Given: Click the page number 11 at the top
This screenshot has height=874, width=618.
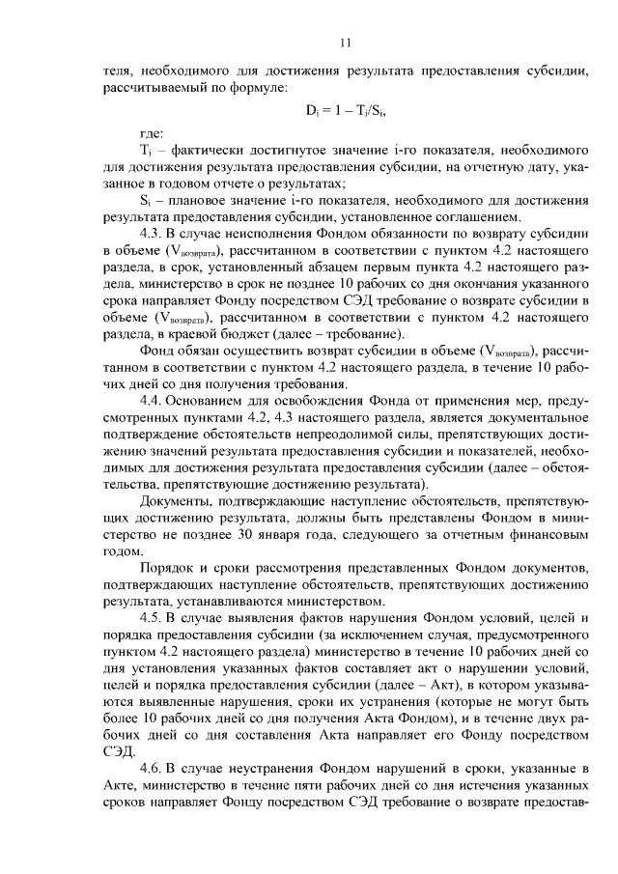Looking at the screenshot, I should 347,42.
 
